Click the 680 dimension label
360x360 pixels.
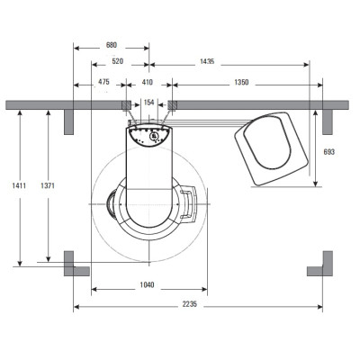[x=112, y=46]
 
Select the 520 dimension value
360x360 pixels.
[x=117, y=61]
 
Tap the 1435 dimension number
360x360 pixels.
[x=207, y=61]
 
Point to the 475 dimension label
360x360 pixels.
[x=103, y=82]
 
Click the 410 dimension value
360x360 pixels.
[x=147, y=82]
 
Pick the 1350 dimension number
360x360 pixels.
[x=241, y=82]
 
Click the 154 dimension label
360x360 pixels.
[x=148, y=103]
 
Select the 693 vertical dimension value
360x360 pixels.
[x=329, y=152]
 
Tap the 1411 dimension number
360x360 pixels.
[x=19, y=185]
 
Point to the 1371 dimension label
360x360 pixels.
[x=48, y=185]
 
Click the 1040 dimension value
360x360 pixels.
[x=147, y=284]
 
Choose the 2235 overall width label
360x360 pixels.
[x=190, y=304]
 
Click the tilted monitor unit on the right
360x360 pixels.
[x=272, y=148]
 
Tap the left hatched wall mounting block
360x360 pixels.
[x=126, y=105]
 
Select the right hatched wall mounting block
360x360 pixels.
[x=172, y=105]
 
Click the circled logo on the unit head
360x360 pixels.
[x=154, y=136]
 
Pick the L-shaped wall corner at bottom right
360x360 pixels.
[x=322, y=267]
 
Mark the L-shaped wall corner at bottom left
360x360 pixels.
[x=74, y=267]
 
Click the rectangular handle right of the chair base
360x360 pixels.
[x=188, y=204]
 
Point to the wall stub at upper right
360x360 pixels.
[x=328, y=122]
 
